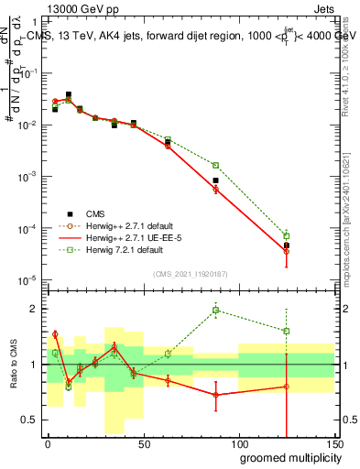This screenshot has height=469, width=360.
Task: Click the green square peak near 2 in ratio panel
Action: (215, 310)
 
